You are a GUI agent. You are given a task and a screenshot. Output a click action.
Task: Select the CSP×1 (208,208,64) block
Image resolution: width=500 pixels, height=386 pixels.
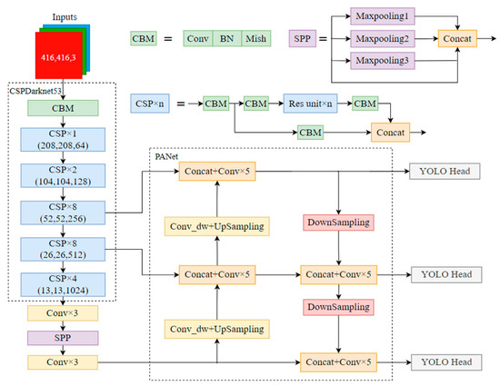coord(64,143)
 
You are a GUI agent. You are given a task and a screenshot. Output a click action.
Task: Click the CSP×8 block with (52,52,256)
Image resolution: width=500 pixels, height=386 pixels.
coord(64,212)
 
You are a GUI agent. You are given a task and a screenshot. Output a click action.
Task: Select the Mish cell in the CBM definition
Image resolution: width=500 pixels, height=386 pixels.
coord(257,40)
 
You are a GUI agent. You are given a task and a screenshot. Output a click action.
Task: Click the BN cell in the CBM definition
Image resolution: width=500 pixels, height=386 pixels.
coord(226,40)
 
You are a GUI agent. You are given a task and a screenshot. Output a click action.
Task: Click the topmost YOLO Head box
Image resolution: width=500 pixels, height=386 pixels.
coord(445,171)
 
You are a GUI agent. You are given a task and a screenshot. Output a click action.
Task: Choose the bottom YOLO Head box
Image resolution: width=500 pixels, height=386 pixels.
coord(445,362)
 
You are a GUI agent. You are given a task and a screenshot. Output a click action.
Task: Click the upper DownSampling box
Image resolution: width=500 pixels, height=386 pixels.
coord(338,223)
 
